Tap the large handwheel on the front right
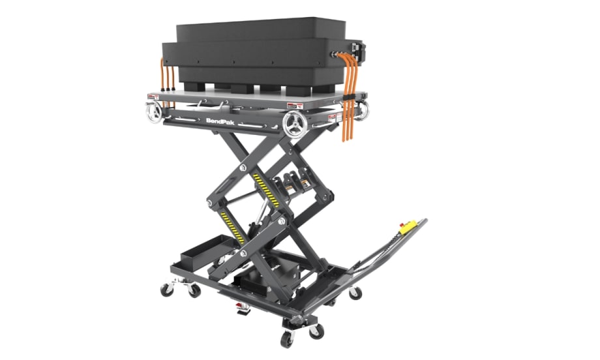(297, 124)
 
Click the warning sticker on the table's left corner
(153, 97)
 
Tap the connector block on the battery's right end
(355, 51)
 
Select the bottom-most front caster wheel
(286, 338)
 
